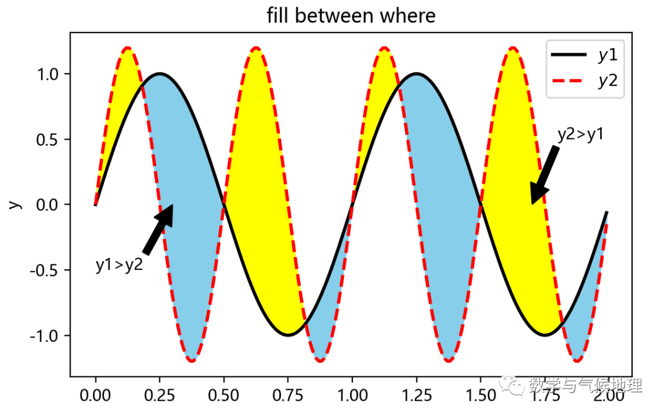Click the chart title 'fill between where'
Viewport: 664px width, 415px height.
coord(351,15)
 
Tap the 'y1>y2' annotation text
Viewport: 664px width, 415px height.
coord(119,265)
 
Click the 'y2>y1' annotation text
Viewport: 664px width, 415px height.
coord(580,135)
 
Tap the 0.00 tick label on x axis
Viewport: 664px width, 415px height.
coord(95,393)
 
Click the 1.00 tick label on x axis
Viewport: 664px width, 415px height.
coord(352,393)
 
